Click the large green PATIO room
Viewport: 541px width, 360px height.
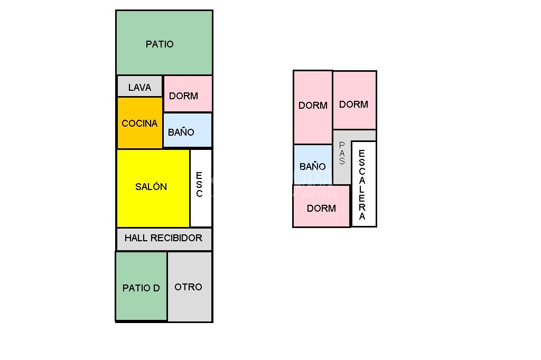pos(164,43)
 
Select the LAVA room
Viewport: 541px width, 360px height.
pos(139,87)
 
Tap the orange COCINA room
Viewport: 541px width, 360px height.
pos(139,123)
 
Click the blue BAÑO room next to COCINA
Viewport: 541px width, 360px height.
pos(188,130)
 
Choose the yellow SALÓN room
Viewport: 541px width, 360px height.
pos(153,187)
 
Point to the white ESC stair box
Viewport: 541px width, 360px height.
pos(201,187)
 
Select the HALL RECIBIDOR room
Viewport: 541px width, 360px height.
pos(164,239)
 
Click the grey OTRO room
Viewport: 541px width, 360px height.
pos(189,287)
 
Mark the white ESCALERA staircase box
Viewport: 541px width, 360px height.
pos(363,184)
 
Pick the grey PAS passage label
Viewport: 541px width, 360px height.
pos(342,153)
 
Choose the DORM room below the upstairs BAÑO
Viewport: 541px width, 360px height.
pos(321,207)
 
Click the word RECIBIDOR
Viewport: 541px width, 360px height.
pos(177,238)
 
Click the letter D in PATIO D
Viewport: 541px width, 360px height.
pos(156,288)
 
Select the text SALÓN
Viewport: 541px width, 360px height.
pos(151,187)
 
